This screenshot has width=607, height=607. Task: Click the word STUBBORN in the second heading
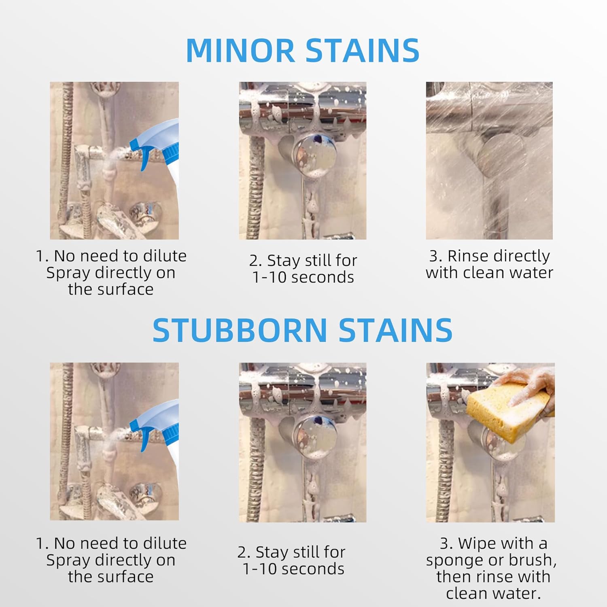[x=240, y=330]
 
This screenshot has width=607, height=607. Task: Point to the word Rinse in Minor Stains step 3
[x=467, y=256]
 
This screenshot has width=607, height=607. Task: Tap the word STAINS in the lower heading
[x=395, y=330]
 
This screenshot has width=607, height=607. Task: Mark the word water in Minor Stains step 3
[x=531, y=273]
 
